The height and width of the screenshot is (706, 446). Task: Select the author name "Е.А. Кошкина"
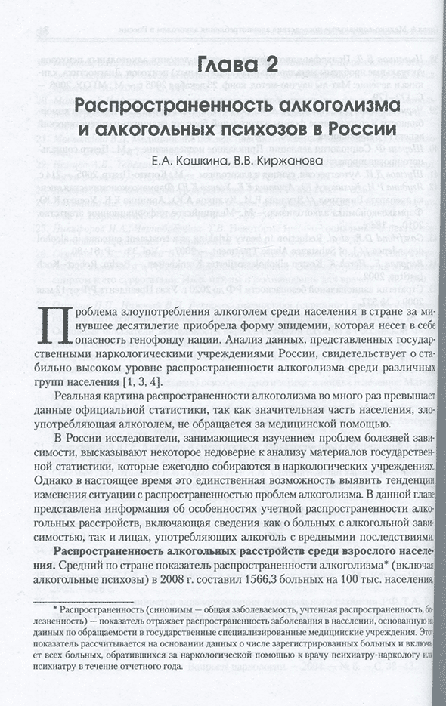click(187, 161)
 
